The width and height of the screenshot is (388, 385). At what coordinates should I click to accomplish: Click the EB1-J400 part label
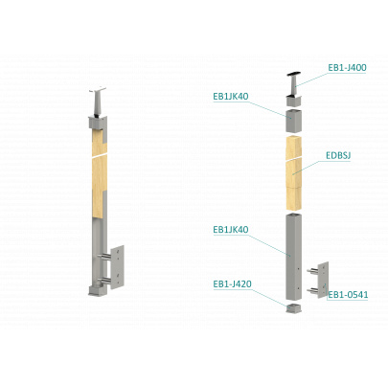click(x=347, y=68)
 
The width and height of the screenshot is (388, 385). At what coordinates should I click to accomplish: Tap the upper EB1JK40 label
click(x=231, y=97)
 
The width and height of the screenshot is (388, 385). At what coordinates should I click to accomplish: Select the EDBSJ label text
click(x=338, y=155)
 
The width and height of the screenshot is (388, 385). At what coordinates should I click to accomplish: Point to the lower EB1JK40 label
click(x=231, y=230)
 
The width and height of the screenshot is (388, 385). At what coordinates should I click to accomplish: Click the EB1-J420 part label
click(x=232, y=283)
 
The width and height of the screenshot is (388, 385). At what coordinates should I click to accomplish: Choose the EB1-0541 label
click(x=348, y=295)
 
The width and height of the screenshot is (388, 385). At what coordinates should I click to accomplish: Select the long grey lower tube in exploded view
click(x=293, y=257)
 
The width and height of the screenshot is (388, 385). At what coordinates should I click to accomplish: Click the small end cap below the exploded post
click(x=293, y=308)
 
